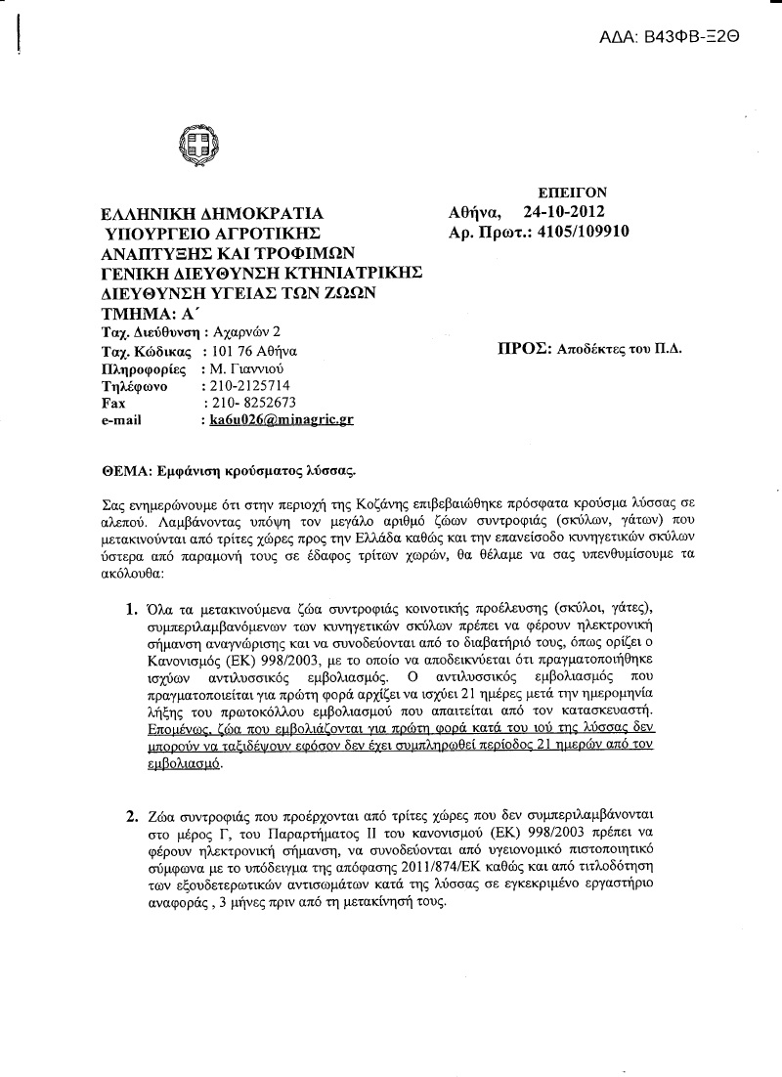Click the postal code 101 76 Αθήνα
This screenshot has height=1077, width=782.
point(249,351)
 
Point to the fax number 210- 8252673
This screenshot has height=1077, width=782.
point(250,403)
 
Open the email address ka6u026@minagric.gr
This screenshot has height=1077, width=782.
point(277,420)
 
